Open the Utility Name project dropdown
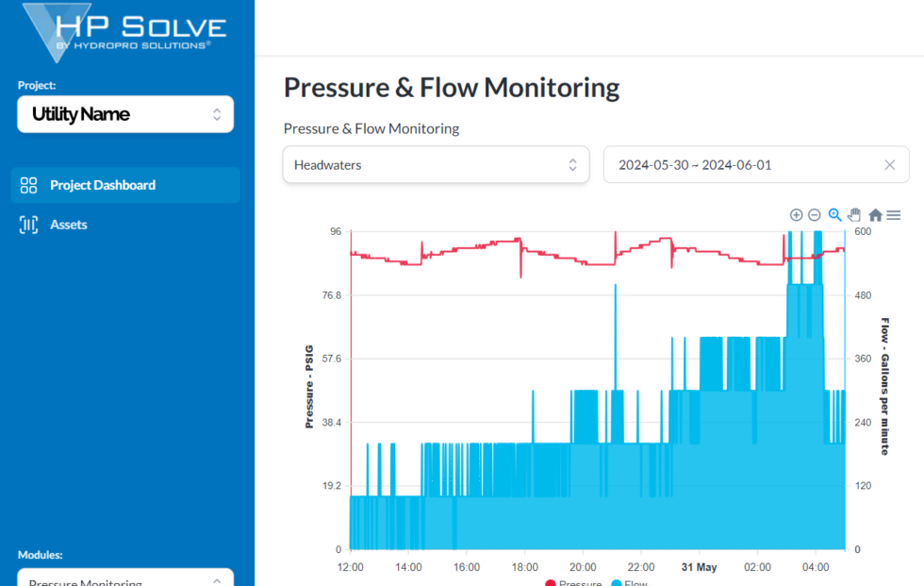click(x=125, y=114)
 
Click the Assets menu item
click(x=68, y=225)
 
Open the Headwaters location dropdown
click(x=436, y=165)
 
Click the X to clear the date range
click(x=889, y=165)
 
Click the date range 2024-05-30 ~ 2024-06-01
click(x=695, y=165)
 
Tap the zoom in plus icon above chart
click(x=796, y=215)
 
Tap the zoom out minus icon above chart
click(x=815, y=215)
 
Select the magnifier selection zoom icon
click(x=834, y=215)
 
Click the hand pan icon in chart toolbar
click(x=854, y=215)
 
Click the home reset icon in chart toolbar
click(x=875, y=215)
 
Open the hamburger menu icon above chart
click(x=894, y=215)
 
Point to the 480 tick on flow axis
click(x=863, y=295)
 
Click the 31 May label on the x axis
click(x=699, y=567)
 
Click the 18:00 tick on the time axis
click(x=524, y=567)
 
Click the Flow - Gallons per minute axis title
click(x=884, y=386)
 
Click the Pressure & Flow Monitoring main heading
click(x=452, y=88)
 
